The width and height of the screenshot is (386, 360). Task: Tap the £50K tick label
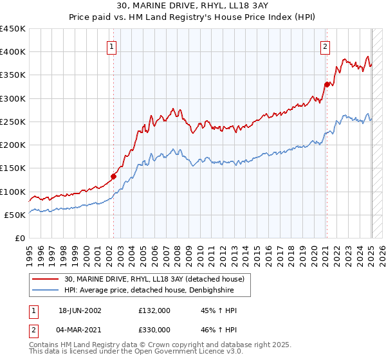[15, 215]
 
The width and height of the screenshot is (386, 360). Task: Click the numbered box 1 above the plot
[112, 46]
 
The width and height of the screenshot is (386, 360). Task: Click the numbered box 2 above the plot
[326, 46]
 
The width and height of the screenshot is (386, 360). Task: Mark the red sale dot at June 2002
[114, 176]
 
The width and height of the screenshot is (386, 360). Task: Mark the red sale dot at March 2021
[327, 84]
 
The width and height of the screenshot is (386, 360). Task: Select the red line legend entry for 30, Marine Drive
[154, 280]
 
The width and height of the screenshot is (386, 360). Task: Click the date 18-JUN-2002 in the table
[80, 310]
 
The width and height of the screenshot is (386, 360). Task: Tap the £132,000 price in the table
[154, 310]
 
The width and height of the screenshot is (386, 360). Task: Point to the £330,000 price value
[154, 330]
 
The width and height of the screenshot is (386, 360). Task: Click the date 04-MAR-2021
[80, 330]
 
